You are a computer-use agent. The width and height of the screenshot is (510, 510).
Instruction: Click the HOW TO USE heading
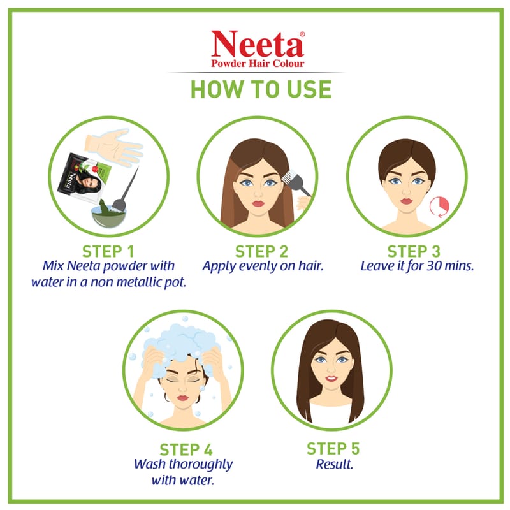pyautogui.click(x=261, y=89)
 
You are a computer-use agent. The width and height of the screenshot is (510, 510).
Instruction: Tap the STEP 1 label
pyautogui.click(x=108, y=251)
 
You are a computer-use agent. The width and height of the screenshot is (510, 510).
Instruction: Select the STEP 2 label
pyautogui.click(x=261, y=251)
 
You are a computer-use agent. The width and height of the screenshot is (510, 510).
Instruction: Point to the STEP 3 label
pyautogui.click(x=414, y=251)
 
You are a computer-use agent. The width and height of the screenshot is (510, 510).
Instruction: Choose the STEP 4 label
pyautogui.click(x=186, y=449)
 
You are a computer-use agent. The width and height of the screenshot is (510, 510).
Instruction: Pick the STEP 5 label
pyautogui.click(x=333, y=449)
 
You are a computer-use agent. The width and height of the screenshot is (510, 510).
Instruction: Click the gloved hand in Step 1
pyautogui.click(x=113, y=147)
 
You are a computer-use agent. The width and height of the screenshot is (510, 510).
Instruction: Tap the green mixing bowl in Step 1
pyautogui.click(x=108, y=215)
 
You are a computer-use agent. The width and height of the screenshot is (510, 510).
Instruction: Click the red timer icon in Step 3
pyautogui.click(x=439, y=207)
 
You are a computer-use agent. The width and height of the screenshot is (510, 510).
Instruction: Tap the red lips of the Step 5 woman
pyautogui.click(x=331, y=379)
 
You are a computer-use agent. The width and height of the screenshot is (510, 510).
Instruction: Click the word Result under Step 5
pyautogui.click(x=334, y=464)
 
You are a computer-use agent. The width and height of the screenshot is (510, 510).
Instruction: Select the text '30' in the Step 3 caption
pyautogui.click(x=434, y=266)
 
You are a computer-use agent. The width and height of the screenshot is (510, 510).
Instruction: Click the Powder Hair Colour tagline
pyautogui.click(x=258, y=63)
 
